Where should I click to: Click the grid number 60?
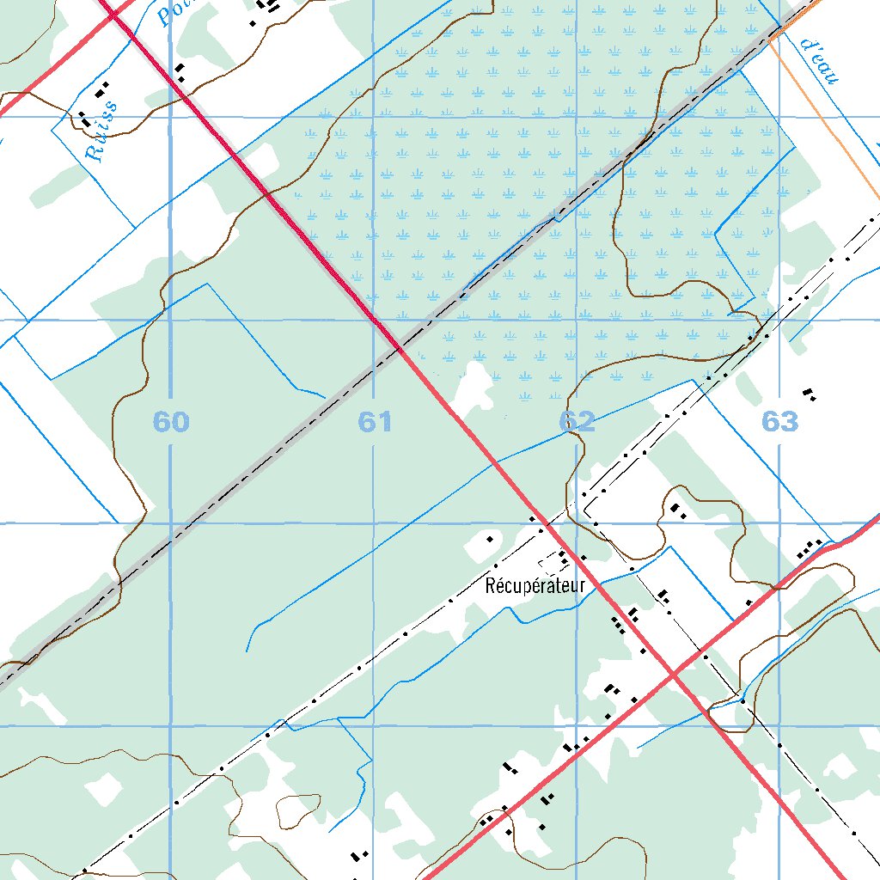171,422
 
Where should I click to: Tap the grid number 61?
376,422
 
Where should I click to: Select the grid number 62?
577,422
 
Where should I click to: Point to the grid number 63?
779,422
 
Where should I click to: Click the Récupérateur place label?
535,587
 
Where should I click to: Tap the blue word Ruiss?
101,134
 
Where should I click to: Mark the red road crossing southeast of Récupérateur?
675,669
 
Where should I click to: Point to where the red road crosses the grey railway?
400,348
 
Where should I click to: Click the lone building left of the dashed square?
490,539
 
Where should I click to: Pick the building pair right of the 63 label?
809,394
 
